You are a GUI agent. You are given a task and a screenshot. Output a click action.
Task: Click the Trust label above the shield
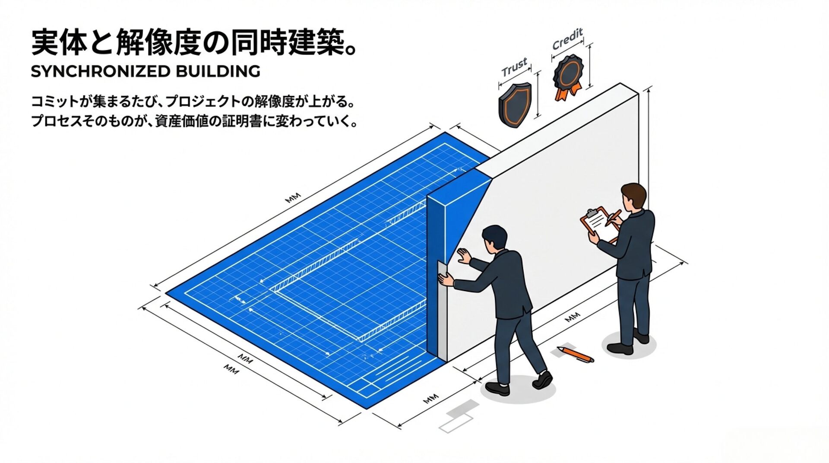(x=514, y=67)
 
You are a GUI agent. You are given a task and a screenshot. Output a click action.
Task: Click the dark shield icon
(x=515, y=105)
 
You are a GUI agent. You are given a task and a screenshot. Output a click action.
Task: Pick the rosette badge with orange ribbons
(x=568, y=76)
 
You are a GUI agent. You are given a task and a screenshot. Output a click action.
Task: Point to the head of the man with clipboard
(x=633, y=197)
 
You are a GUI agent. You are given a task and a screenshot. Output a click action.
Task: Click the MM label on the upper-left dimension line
(x=293, y=198)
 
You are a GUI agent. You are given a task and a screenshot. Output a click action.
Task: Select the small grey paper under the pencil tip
(x=559, y=352)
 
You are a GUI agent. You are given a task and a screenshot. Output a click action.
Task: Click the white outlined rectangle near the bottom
(x=456, y=424)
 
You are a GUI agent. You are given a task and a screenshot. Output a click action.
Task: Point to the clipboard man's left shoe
(x=620, y=348)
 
